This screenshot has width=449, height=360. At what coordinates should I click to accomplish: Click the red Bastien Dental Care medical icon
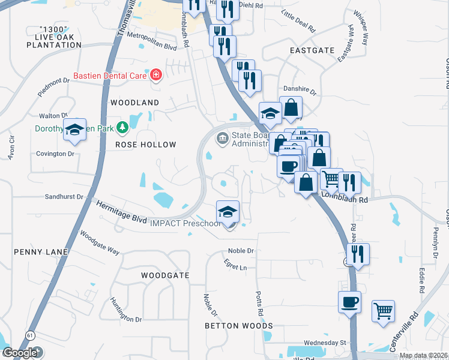click(x=156, y=75)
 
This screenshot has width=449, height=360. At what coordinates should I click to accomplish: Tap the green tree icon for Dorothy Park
click(x=122, y=127)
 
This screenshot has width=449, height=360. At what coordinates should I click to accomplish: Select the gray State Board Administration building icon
click(x=222, y=139)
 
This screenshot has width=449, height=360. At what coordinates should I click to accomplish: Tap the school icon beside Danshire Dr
click(x=270, y=113)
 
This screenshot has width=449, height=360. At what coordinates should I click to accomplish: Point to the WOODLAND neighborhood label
click(x=134, y=103)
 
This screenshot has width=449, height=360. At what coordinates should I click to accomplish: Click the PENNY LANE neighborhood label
click(x=37, y=252)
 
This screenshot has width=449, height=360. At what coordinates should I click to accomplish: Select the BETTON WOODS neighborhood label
click(x=239, y=326)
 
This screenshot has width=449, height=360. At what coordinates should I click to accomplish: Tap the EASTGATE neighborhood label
click(x=312, y=50)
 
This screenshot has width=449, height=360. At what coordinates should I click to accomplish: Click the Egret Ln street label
click(x=237, y=268)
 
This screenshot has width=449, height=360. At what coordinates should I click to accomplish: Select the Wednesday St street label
click(x=325, y=343)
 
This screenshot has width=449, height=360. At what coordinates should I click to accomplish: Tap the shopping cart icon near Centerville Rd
click(x=383, y=311)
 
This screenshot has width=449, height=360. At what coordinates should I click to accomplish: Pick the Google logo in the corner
click(x=20, y=353)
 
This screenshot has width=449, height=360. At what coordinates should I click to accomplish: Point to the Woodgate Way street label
click(x=100, y=244)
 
